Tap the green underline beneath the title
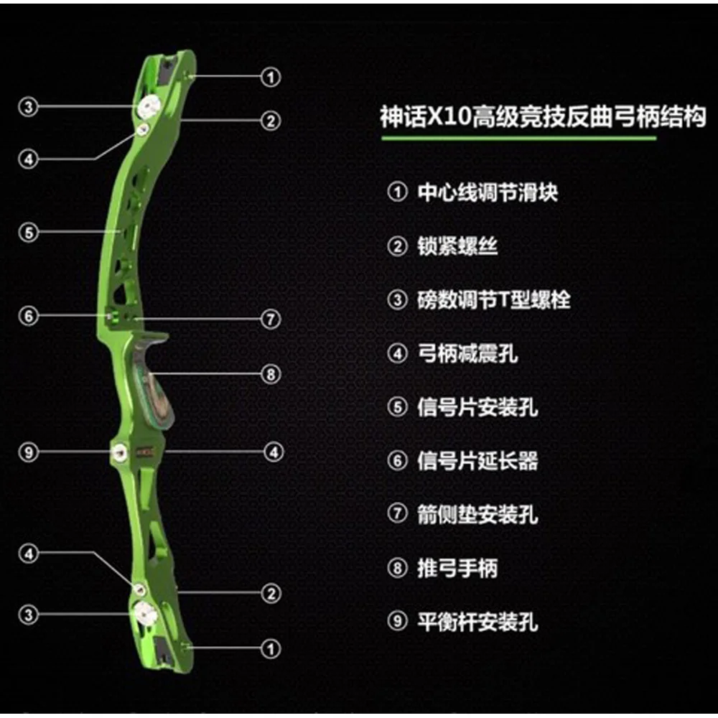[x=519, y=138]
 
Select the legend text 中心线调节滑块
[x=488, y=192]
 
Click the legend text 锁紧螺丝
[x=457, y=246]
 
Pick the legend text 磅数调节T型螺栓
[x=494, y=300]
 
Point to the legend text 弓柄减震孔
[x=467, y=353]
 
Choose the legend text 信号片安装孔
[x=477, y=407]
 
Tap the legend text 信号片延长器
[x=477, y=461]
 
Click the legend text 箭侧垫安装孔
[x=477, y=514]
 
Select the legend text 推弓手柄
[x=457, y=568]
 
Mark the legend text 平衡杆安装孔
[x=477, y=622]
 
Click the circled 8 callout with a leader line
[x=271, y=374]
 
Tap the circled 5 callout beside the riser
[x=29, y=232]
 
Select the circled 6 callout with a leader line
[x=29, y=316]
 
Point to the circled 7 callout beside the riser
[x=271, y=320]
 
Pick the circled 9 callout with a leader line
[x=29, y=452]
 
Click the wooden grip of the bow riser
[x=154, y=380]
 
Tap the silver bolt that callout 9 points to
[x=120, y=452]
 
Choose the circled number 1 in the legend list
[x=397, y=192]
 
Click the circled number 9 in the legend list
[x=397, y=621]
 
